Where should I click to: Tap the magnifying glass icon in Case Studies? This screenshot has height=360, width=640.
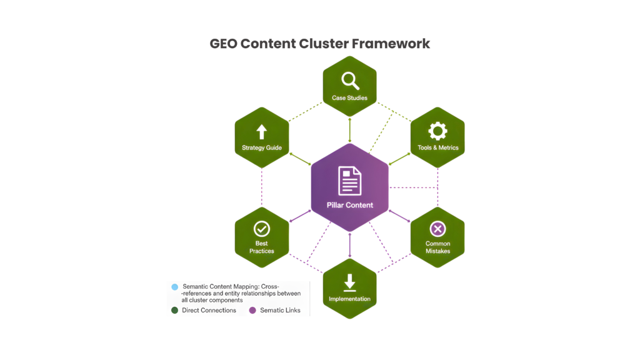point(349,80)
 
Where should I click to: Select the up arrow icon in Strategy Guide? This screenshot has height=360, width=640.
point(261,132)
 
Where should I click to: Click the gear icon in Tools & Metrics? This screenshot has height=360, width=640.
point(437,131)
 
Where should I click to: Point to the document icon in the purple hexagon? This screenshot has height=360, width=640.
point(350,181)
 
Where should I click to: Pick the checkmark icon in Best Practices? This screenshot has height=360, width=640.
point(261,228)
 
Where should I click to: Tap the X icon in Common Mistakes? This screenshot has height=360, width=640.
point(437,229)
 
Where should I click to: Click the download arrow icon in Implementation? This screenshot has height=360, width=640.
point(349,281)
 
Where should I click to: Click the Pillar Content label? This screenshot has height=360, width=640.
point(350,205)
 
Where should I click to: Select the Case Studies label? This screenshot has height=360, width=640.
point(349,98)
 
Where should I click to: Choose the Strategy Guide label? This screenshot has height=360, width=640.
point(262,148)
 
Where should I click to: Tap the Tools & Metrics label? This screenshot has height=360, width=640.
point(437,148)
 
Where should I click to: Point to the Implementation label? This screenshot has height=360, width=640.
point(349,299)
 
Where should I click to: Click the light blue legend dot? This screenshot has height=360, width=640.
point(174,287)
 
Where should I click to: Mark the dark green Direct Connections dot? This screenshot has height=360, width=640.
point(174,310)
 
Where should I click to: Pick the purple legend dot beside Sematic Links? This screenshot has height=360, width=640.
point(252,310)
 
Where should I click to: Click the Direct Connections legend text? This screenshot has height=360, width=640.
point(209,310)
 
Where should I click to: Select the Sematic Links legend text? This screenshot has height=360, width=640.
point(280,310)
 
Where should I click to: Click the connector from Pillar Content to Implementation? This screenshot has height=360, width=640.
point(349,244)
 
